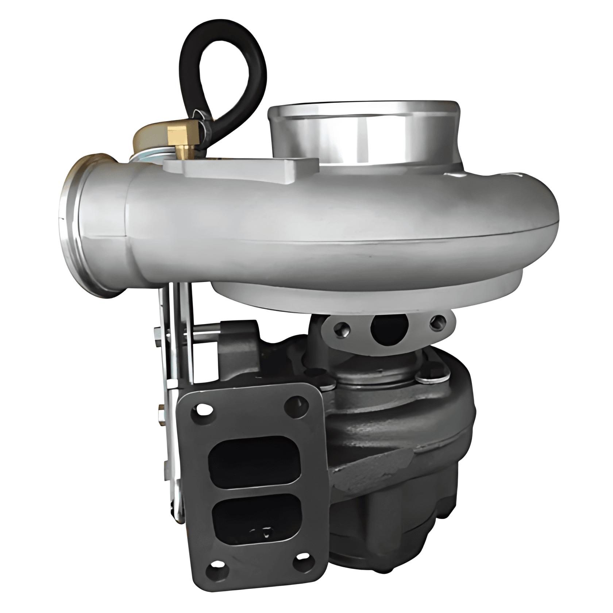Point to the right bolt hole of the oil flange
[x=437, y=322]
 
